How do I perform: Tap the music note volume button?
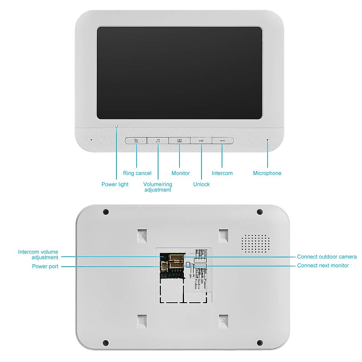click(x=158, y=141)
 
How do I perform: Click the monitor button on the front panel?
click(x=179, y=141)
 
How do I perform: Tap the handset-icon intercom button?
click(x=223, y=141)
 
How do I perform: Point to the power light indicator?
click(x=116, y=126)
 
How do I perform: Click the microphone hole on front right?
click(x=267, y=140)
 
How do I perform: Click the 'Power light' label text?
click(x=115, y=184)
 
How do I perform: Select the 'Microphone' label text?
click(x=267, y=173)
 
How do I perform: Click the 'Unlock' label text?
click(x=201, y=184)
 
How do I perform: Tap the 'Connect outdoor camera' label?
click(x=327, y=257)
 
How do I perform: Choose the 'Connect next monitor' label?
click(x=323, y=265)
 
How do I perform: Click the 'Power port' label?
click(x=45, y=266)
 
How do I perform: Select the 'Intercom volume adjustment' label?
click(x=38, y=255)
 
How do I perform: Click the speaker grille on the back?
click(x=256, y=243)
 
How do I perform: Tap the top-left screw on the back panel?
click(x=106, y=212)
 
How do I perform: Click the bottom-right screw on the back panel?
click(x=260, y=343)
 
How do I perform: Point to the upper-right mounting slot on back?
click(x=224, y=236)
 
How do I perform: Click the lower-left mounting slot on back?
click(x=142, y=322)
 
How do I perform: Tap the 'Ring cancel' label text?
click(x=137, y=173)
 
